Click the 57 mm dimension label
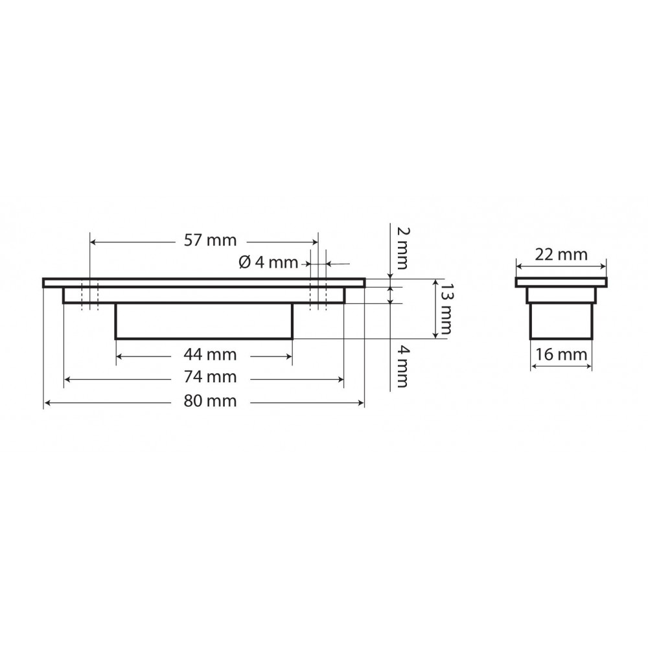point(210,240)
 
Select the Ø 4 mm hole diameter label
point(268,262)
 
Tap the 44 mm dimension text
point(210,354)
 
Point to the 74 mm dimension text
point(210,377)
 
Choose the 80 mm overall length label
point(210,401)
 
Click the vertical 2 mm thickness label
point(402,248)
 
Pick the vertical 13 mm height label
point(446,308)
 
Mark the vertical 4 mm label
point(402,367)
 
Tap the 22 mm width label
point(561,254)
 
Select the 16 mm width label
point(561,354)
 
